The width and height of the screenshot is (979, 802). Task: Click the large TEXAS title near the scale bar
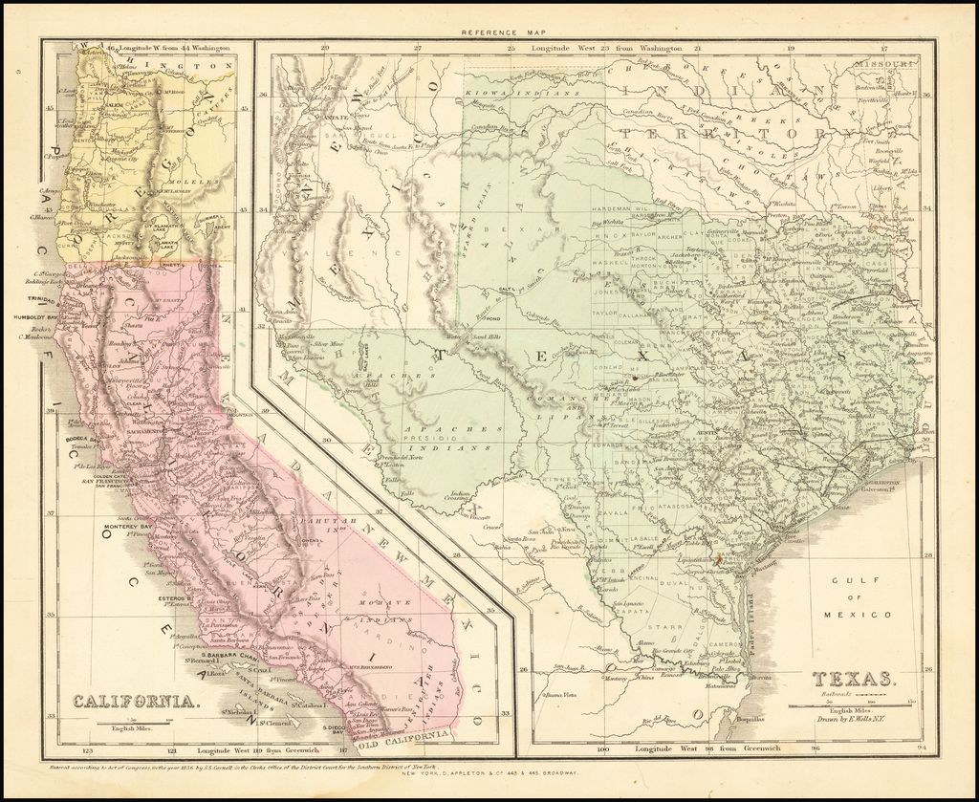[x=854, y=680]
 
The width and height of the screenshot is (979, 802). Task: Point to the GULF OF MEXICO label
[x=861, y=597]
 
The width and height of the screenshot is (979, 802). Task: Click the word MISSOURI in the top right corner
[x=885, y=63]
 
